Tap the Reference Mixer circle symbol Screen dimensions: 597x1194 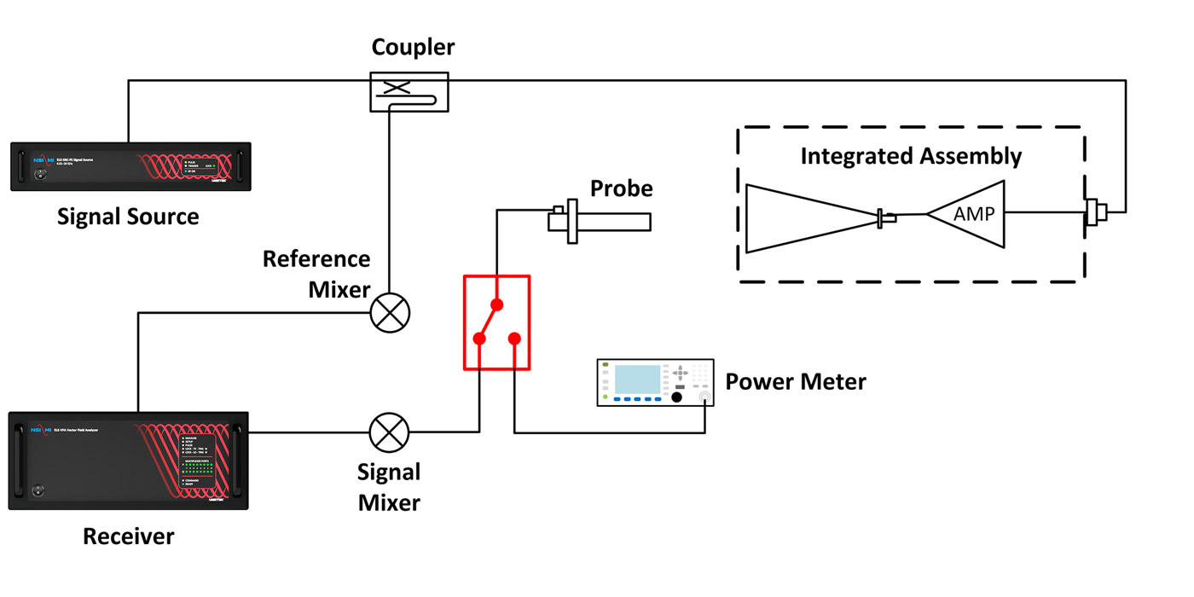(x=390, y=313)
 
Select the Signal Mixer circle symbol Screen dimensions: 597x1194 (x=389, y=432)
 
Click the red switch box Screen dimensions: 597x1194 (x=496, y=322)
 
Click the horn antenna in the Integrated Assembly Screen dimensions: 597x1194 (x=810, y=219)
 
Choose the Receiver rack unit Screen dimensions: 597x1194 (x=128, y=461)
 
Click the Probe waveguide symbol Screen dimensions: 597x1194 (x=601, y=222)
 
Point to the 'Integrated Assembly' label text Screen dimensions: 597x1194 (x=910, y=157)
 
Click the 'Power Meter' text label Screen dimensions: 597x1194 (x=795, y=381)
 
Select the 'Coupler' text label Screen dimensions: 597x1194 (x=413, y=48)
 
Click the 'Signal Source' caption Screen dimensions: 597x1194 (x=128, y=217)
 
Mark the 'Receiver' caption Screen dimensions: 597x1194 (x=128, y=536)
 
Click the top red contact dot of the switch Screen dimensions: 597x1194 (x=497, y=304)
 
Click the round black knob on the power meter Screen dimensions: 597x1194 (x=677, y=397)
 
